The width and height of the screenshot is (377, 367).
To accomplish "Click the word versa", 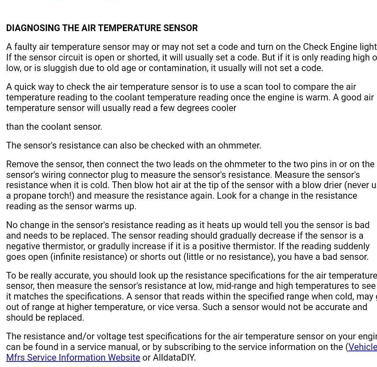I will click(189, 307).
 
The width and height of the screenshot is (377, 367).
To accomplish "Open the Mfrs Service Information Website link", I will click(73, 357).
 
